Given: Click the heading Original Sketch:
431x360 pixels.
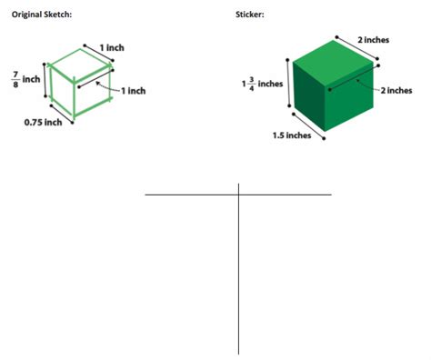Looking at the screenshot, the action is (40, 15).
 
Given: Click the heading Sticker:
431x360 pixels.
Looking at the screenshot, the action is (249, 15).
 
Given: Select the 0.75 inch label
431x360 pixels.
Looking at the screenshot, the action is (42, 123).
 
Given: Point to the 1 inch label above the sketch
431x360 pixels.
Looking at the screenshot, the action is (112, 46).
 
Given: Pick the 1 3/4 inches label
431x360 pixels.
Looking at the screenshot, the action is (263, 84).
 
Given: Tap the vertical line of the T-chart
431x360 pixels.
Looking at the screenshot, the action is (239, 273).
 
